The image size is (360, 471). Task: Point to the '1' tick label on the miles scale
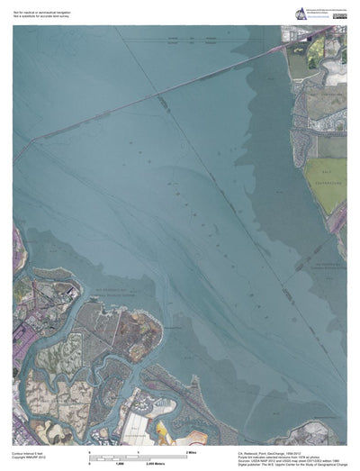[138, 449]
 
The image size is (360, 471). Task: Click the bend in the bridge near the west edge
[38, 139]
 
